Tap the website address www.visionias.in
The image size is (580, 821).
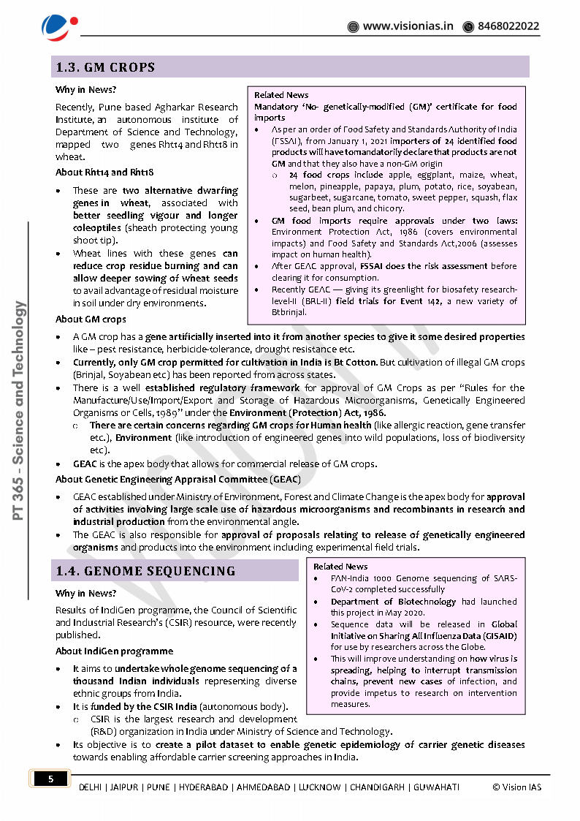click(408, 26)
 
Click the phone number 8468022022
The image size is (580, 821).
click(508, 26)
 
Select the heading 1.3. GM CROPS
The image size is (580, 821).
click(106, 67)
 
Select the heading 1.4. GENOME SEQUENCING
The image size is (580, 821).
click(145, 571)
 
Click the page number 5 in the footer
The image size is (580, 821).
click(50, 779)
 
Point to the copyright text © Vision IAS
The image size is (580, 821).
click(517, 787)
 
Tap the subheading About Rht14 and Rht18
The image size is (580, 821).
click(104, 173)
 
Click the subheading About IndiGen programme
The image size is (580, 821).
click(114, 651)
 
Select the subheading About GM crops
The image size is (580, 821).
click(91, 319)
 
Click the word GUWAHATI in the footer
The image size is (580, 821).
click(436, 787)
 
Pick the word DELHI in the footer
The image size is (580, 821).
click(91, 787)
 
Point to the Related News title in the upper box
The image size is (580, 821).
click(281, 95)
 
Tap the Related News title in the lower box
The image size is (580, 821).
click(340, 567)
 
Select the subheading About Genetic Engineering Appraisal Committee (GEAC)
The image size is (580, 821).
click(178, 480)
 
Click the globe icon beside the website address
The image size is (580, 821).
click(353, 27)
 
